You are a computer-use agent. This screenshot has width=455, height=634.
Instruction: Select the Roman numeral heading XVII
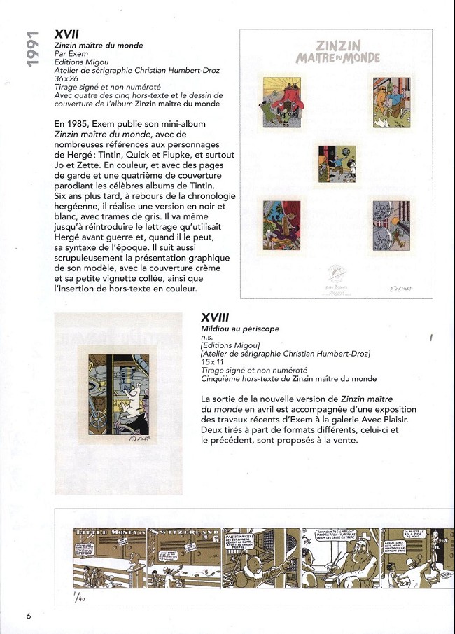[67, 34]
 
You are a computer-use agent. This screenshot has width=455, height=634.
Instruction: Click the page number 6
[29, 616]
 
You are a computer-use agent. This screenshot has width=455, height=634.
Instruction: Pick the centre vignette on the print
[337, 163]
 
